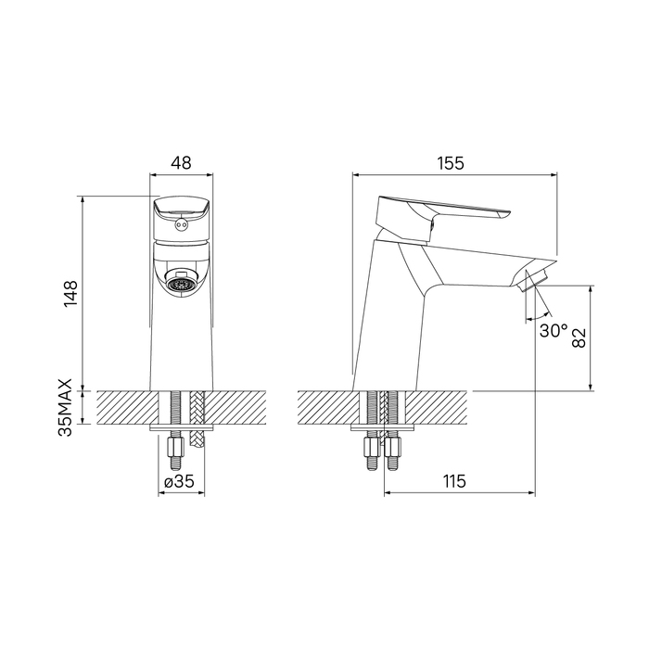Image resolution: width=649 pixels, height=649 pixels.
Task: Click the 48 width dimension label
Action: pos(182,162)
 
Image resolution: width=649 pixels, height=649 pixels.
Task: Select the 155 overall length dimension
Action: pos(452,163)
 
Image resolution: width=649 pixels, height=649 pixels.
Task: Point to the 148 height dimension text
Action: pos(70,294)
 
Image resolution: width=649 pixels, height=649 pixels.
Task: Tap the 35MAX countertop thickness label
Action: pos(66,407)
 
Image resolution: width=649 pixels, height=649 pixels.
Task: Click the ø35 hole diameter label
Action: pos(179,481)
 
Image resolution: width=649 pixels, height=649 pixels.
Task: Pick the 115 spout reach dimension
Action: pos(454,481)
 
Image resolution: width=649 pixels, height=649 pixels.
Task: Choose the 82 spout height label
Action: pos(579,337)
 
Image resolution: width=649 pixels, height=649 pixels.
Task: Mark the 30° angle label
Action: pos(554,330)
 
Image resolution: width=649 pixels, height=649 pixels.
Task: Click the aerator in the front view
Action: pos(180,284)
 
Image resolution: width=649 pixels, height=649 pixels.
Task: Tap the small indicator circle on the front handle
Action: pos(181,224)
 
